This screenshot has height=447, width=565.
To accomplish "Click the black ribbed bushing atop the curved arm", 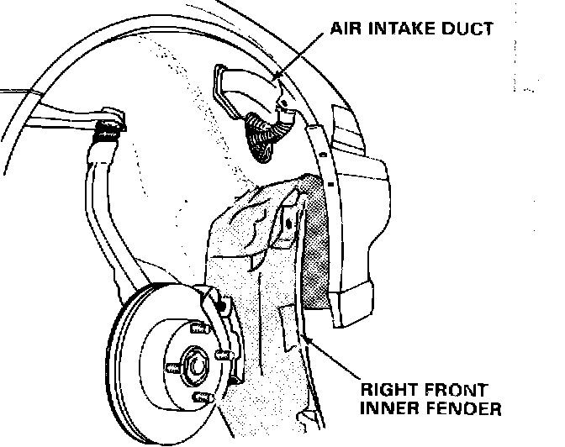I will [107, 130].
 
